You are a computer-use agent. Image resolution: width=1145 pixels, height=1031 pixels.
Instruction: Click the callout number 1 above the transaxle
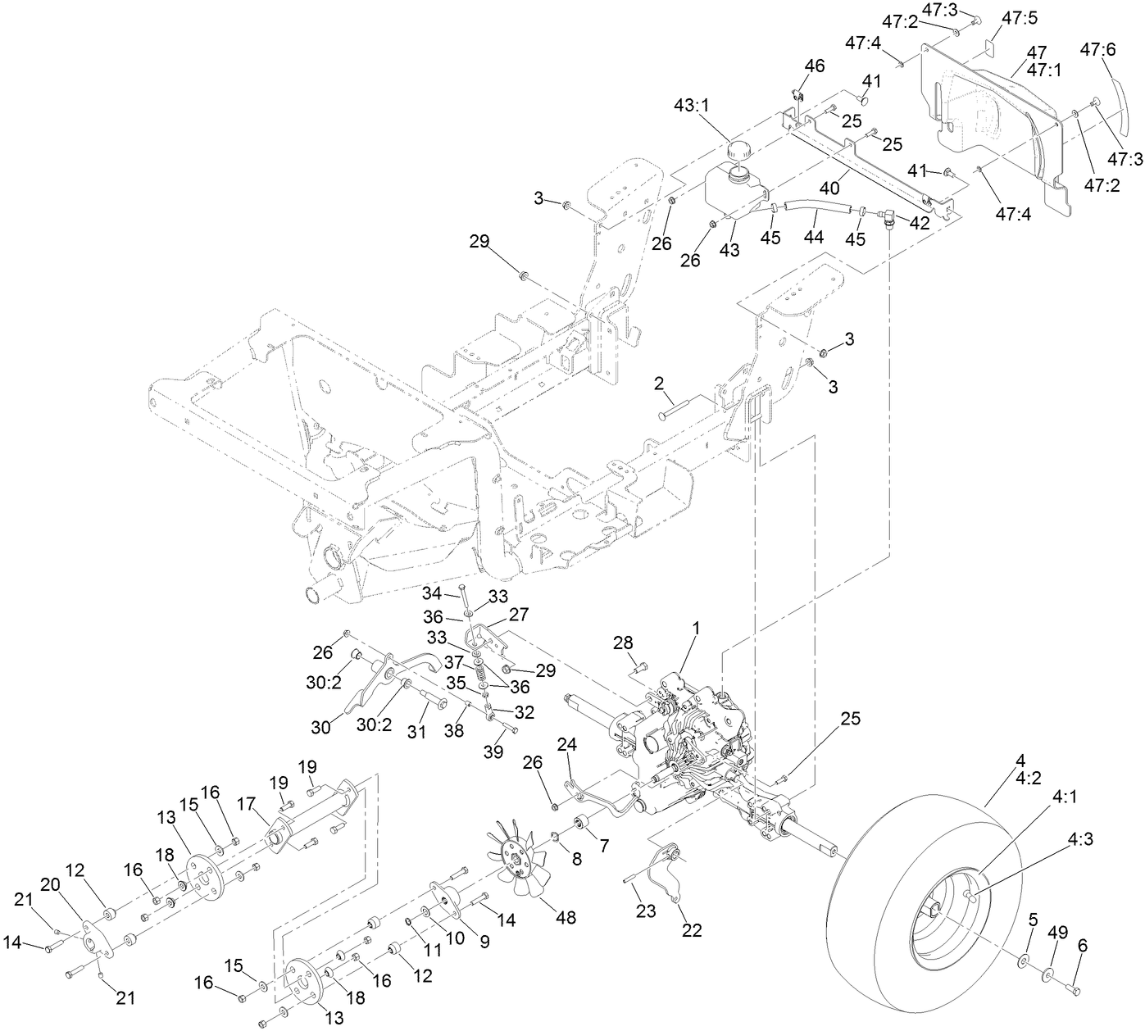[696, 629]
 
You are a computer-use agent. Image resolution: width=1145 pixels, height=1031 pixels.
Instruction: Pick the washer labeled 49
[1048, 974]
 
